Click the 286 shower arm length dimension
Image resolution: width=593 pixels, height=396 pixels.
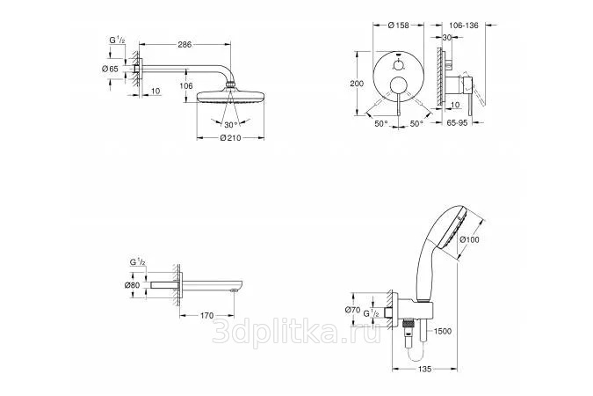tap(185, 44)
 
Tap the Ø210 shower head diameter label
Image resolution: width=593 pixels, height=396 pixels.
tap(231, 138)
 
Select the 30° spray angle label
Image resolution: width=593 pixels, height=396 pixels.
tap(231, 125)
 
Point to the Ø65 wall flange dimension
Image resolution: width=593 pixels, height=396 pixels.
tap(110, 69)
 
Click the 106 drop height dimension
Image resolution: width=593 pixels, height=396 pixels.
tap(186, 86)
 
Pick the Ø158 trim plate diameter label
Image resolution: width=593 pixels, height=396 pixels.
tap(399, 26)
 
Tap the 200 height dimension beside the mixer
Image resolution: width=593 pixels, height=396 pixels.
tap(357, 84)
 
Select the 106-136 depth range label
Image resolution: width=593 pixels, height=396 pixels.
tap(464, 26)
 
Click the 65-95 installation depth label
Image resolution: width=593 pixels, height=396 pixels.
tap(457, 123)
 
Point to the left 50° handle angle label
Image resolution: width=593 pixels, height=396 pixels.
tap(381, 123)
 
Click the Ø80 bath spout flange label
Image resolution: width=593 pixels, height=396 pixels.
tap(132, 285)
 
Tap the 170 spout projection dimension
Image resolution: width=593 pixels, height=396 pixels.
tap(206, 315)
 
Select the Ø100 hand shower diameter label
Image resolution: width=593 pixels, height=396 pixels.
tap(469, 239)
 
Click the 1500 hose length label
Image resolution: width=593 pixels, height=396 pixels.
tap(442, 331)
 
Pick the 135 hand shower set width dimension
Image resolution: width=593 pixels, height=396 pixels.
tap(424, 369)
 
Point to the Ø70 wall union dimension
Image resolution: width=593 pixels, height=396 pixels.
tap(352, 310)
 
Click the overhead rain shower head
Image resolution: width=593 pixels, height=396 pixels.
tap(230, 97)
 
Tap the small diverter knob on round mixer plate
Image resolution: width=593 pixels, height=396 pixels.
tap(398, 65)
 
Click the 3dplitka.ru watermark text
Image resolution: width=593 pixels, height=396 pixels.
tap(297, 331)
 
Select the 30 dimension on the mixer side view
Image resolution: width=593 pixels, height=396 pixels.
tap(447, 38)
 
